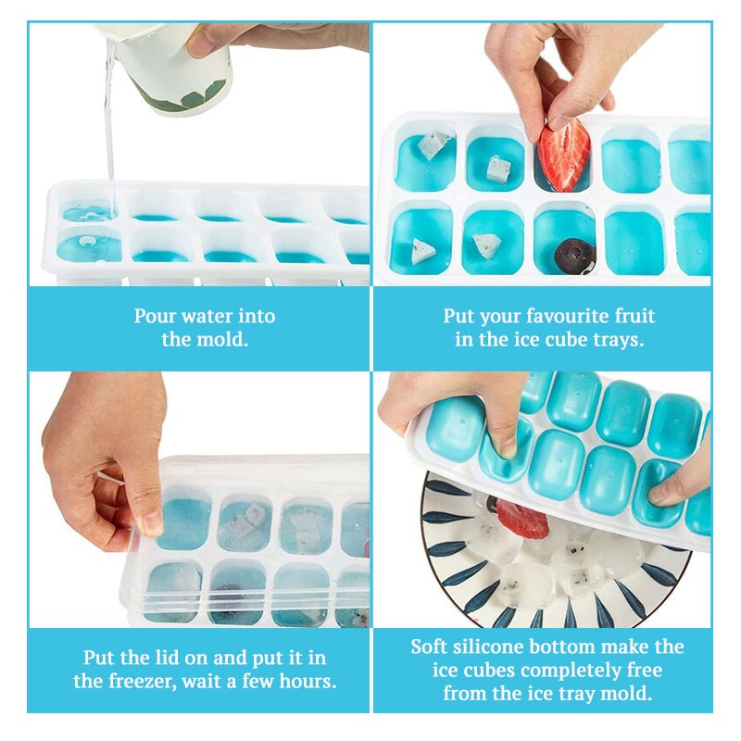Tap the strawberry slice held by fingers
pos(564,155)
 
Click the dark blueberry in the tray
pos(574,257)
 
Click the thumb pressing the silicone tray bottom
pos(502,436)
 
